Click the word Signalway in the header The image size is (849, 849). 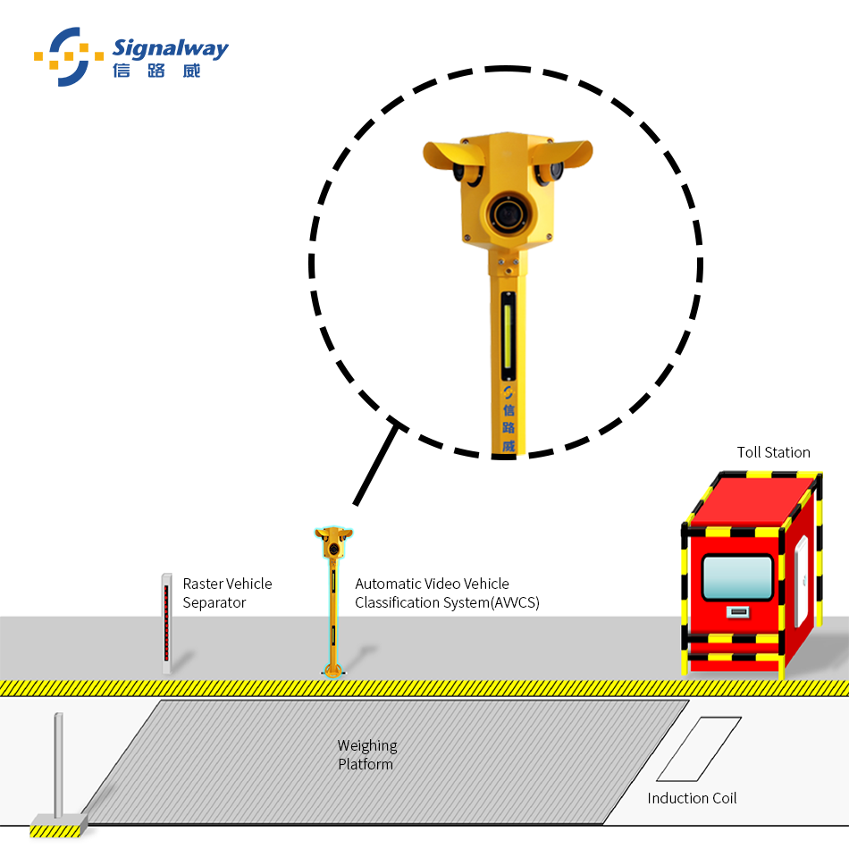171,48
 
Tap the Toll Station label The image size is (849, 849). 773,452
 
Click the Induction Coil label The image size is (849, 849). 692,798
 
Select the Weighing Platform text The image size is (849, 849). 366,754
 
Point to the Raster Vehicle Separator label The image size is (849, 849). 227,593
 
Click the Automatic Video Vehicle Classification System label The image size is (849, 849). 447,593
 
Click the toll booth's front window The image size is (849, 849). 737,576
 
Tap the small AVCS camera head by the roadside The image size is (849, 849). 333,540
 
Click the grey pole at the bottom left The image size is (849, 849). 58,764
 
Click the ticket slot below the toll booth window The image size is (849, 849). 737,612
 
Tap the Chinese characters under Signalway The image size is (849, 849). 156,71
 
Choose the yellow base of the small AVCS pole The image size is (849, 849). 332,669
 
